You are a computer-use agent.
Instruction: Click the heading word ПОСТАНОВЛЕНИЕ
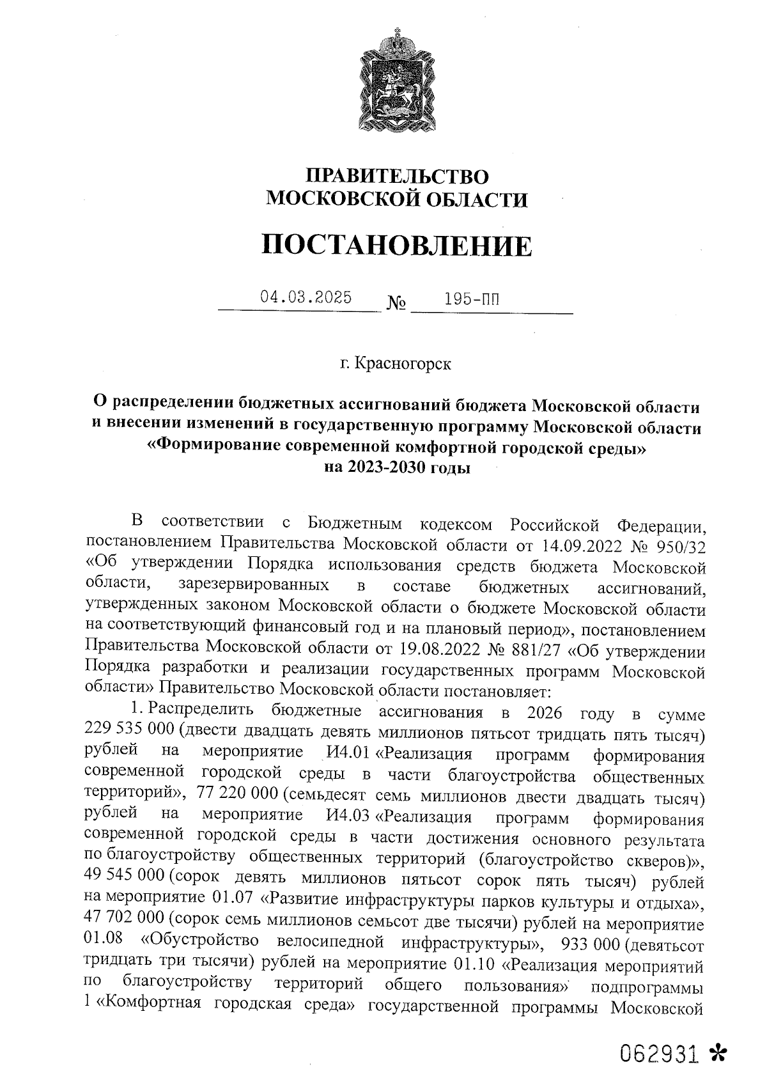pos(396,246)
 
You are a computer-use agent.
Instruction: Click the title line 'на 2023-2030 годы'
pos(396,467)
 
